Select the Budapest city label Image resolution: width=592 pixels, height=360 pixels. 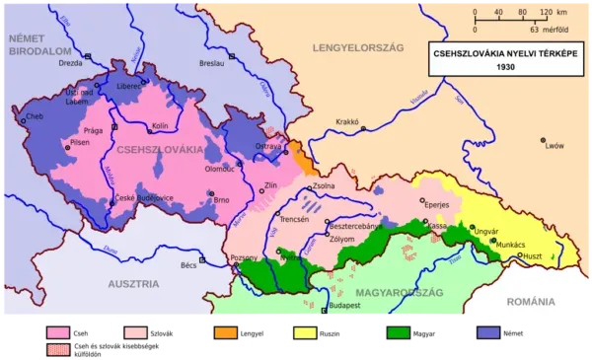pos(346,306)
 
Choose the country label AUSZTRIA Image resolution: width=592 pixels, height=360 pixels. pos(133,284)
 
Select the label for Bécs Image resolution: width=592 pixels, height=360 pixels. pos(188,264)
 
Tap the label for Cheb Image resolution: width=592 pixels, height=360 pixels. pos(36,116)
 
